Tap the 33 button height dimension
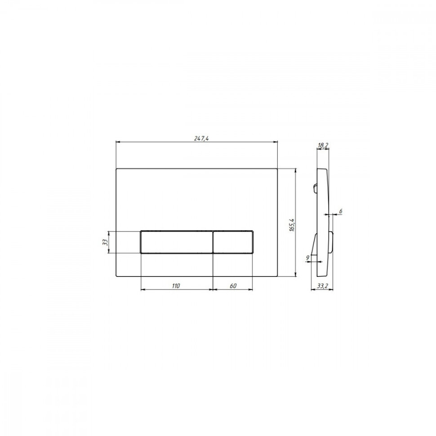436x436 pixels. pyautogui.click(x=105, y=242)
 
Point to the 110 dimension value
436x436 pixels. pyautogui.click(x=176, y=286)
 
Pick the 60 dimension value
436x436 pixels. pyautogui.click(x=233, y=286)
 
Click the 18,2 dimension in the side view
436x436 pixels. pyautogui.click(x=323, y=145)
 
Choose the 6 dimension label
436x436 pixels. pyautogui.click(x=341, y=211)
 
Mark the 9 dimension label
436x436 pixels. pyautogui.click(x=307, y=258)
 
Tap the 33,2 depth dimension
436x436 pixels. pyautogui.click(x=323, y=286)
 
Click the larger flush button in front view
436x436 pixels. pyautogui.click(x=177, y=242)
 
